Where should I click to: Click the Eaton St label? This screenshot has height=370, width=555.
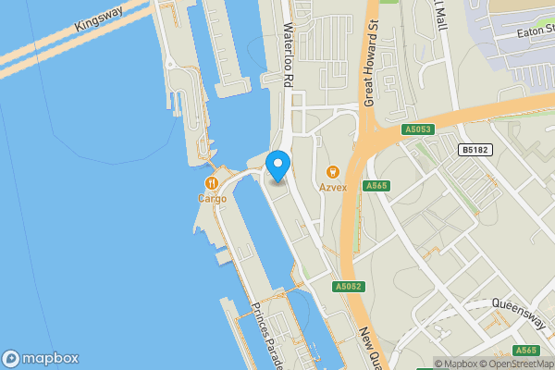(525, 33)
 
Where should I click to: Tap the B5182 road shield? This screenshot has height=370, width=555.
(474, 149)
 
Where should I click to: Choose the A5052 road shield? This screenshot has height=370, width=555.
(349, 287)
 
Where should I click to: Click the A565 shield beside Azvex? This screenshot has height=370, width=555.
(376, 186)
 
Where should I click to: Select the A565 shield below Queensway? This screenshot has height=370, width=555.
(526, 350)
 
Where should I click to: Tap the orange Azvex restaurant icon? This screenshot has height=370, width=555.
(333, 171)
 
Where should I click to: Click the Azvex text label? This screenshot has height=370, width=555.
(333, 187)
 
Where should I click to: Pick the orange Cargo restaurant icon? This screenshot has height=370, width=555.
(212, 182)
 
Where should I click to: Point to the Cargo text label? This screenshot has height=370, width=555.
(212, 198)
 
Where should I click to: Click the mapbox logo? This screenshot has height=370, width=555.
(40, 358)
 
